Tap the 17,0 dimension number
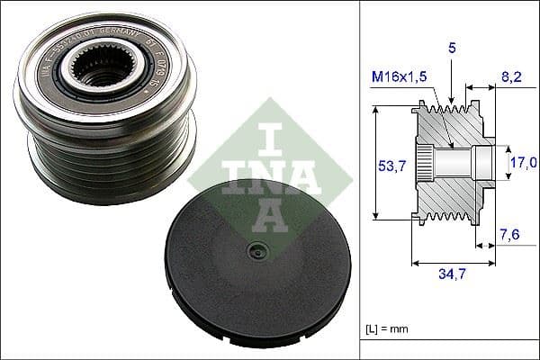tap(523, 163)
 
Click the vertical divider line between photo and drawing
tap(359, 180)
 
